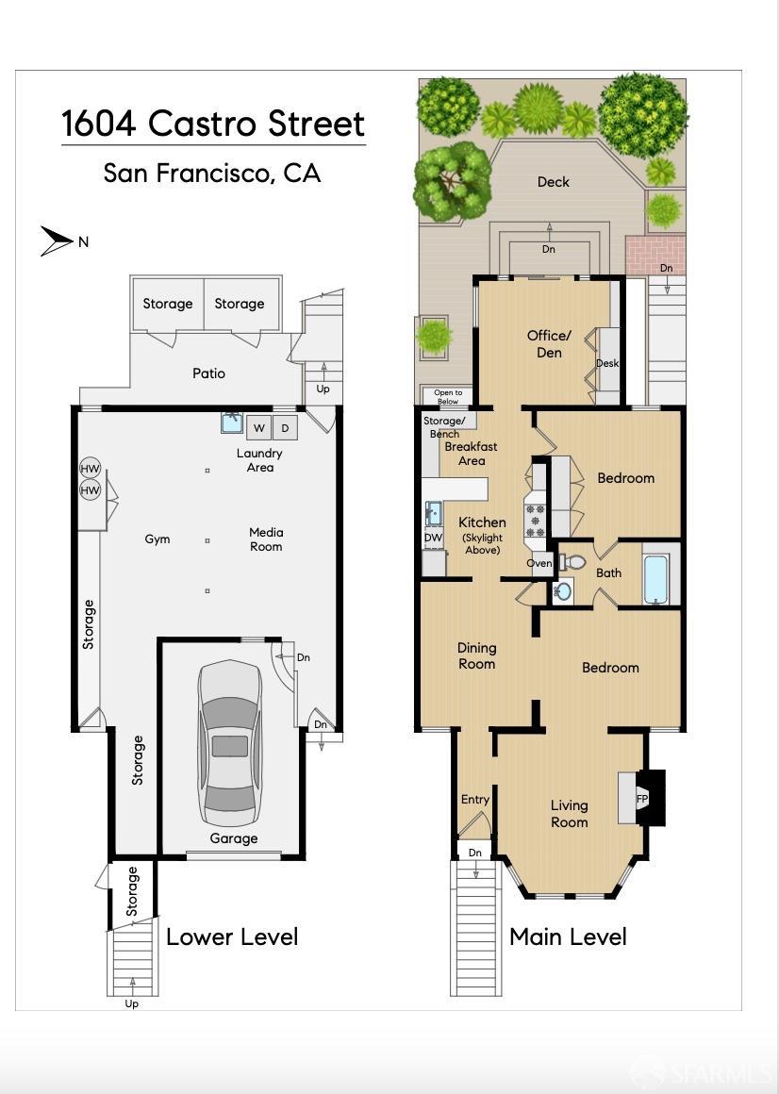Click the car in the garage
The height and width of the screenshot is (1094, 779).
(229, 744)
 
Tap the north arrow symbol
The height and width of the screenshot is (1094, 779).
(57, 240)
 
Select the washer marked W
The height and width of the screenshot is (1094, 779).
(258, 427)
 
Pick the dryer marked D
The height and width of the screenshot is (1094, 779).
(285, 427)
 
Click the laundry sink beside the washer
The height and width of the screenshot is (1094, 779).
(232, 423)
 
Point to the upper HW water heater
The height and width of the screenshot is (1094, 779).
(90, 469)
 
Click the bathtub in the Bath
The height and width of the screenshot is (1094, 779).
(655, 578)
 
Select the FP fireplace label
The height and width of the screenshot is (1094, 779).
(642, 798)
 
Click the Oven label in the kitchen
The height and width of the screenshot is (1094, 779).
(539, 563)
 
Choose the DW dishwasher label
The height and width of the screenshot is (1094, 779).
(433, 538)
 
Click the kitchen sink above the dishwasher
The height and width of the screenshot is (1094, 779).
(433, 513)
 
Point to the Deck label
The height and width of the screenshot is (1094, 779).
(553, 181)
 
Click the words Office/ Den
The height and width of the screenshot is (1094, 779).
(549, 343)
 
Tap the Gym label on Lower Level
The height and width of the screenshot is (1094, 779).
(157, 539)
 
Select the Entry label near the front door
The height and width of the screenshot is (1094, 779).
(475, 800)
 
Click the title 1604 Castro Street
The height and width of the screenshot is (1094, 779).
(213, 124)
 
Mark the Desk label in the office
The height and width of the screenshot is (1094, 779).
(607, 363)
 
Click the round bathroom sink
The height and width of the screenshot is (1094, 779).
(562, 591)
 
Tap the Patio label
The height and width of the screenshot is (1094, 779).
(208, 373)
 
